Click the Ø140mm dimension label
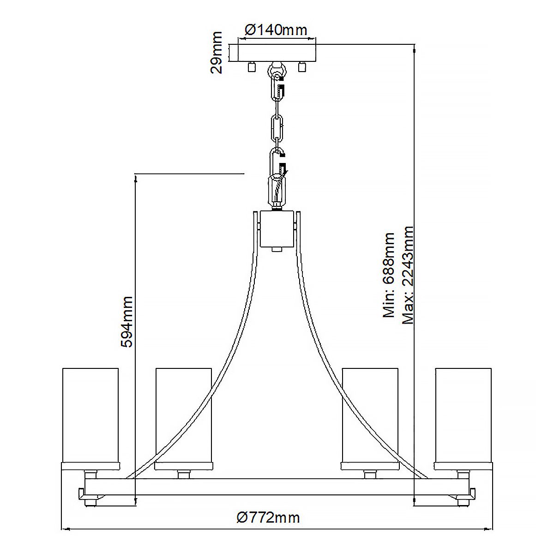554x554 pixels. [276, 30]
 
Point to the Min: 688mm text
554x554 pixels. [389, 275]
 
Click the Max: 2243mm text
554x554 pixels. [408, 275]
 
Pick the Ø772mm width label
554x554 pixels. [268, 518]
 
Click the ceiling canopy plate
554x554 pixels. [277, 53]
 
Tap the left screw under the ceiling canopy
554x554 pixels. [252, 67]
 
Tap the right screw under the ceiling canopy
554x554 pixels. [302, 67]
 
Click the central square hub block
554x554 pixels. [277, 229]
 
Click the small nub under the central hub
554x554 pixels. [277, 250]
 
